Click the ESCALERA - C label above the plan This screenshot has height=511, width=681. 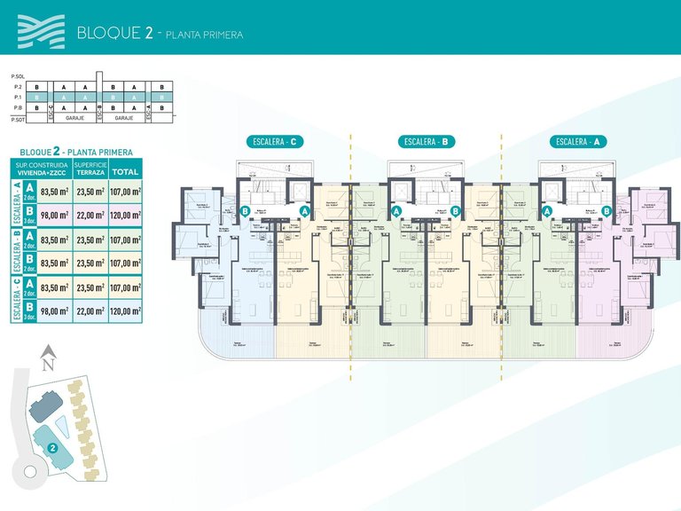pyautogui.click(x=276, y=141)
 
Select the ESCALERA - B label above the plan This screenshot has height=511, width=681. pyautogui.click(x=427, y=141)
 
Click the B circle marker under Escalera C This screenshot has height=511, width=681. pyautogui.click(x=245, y=211)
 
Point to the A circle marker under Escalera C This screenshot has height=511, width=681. pyautogui.click(x=304, y=211)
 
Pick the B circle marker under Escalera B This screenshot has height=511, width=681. pyautogui.click(x=456, y=211)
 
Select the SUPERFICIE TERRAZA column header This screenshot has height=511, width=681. pyautogui.click(x=90, y=169)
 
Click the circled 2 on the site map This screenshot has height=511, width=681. pyautogui.click(x=52, y=449)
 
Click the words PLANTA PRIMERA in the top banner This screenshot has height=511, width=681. pyautogui.click(x=199, y=35)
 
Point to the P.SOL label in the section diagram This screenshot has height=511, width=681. pyautogui.click(x=16, y=77)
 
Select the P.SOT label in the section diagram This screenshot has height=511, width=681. pyautogui.click(x=16, y=117)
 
